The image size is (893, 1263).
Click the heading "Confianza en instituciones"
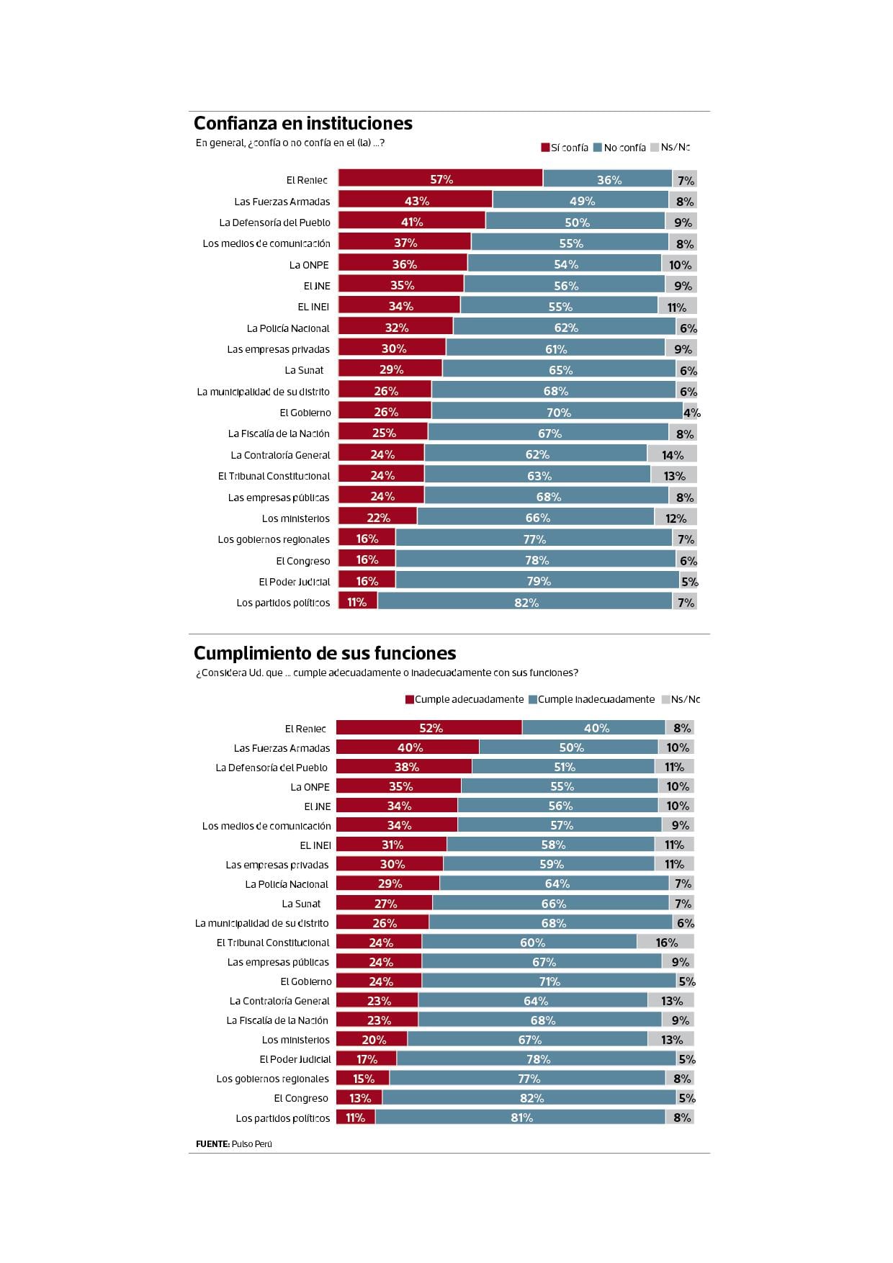point(303,123)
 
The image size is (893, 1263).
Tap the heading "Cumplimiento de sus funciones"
point(325,653)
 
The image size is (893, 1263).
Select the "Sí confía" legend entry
point(565,148)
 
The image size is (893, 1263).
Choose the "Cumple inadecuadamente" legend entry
point(591,699)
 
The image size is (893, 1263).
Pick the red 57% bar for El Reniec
point(441,179)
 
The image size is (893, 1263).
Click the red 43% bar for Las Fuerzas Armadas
point(416,201)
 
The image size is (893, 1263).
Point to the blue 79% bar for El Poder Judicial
point(537,581)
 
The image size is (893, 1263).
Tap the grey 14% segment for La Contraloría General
point(672,455)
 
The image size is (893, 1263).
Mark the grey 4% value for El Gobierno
point(691,413)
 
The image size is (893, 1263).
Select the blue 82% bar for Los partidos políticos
point(525,602)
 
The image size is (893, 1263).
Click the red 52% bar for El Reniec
point(429,728)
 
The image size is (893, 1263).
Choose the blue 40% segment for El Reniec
point(594,728)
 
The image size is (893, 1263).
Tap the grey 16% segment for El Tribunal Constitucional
point(665,943)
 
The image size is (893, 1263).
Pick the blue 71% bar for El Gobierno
point(549,981)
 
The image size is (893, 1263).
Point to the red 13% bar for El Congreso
point(359,1098)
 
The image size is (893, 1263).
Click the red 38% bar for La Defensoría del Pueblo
point(405,767)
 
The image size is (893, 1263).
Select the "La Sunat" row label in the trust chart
point(304,370)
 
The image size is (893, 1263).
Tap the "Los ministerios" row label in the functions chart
point(295,1040)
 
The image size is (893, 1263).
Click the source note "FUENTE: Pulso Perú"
point(234,1143)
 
